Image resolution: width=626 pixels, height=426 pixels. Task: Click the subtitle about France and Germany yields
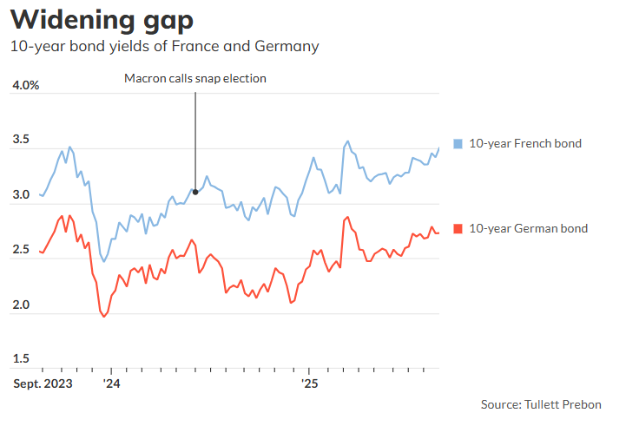coord(164,46)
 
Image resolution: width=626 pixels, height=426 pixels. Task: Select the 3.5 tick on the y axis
coord(21,141)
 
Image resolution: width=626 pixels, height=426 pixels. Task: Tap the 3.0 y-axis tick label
coord(21,195)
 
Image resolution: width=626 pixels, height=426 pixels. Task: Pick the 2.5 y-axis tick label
coord(21,251)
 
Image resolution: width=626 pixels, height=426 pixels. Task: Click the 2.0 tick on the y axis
coord(21,305)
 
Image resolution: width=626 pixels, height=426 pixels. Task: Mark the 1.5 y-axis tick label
coord(21,359)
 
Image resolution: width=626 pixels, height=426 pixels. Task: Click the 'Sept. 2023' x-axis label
coord(43,382)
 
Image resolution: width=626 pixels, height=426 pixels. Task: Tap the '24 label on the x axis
coord(111,382)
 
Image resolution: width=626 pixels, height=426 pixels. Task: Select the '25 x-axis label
coord(310,382)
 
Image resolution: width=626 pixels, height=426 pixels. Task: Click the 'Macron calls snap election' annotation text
coord(194,79)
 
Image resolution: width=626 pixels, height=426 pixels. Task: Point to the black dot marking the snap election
coord(195,192)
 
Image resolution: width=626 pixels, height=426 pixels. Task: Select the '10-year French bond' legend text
coord(525,143)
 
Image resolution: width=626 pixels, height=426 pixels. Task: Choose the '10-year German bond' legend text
coord(529,229)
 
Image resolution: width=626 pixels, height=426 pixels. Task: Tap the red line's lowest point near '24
coord(105,317)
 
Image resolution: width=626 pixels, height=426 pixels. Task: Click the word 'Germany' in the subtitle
coord(287,46)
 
